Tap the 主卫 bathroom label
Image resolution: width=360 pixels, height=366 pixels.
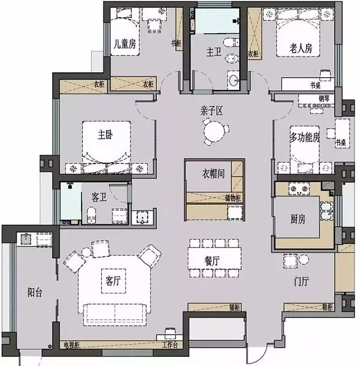coord(213,53)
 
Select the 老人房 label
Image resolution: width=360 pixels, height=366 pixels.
coord(301,48)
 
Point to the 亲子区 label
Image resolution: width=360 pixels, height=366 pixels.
coord(210,111)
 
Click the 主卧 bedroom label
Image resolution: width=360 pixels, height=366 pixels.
coord(105,134)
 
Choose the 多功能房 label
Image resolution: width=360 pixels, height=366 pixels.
coord(305,137)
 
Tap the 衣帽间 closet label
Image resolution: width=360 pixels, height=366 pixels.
coord(213,173)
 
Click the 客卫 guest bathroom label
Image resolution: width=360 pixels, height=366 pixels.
coord(99,197)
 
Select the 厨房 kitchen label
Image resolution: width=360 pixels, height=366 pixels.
coord(297,220)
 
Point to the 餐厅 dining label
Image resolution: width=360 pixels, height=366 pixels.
coord(212,261)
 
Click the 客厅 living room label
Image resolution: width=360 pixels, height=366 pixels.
coord(112,281)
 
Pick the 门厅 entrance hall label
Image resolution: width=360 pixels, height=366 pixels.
coord(301,282)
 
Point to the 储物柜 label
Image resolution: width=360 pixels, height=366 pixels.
coord(235,197)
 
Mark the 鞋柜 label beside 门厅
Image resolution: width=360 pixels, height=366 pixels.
coord(326,306)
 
